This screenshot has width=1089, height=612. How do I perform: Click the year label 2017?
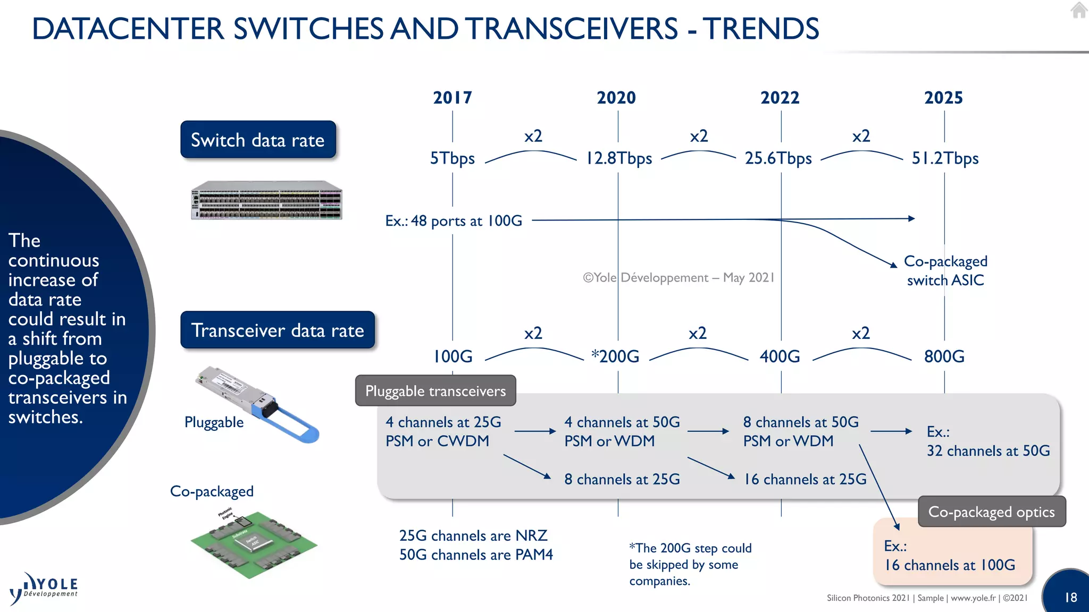point(452,98)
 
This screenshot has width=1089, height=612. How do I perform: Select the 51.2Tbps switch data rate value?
point(945,158)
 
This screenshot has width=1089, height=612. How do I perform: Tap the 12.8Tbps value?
point(618,158)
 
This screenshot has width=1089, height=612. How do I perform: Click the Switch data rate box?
point(258,140)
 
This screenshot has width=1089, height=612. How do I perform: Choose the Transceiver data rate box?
point(278,330)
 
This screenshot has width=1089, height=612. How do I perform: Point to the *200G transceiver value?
point(616,356)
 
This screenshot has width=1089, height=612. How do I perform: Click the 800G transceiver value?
point(944,356)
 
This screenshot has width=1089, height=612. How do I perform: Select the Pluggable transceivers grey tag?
point(435,391)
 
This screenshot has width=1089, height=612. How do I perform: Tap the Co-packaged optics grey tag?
point(991,512)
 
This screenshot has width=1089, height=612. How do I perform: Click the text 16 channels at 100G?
point(950,565)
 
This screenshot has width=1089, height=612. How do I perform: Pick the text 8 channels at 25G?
point(622,479)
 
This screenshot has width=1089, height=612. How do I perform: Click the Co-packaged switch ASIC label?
point(945,270)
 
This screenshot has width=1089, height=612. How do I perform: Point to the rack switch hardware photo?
point(266,200)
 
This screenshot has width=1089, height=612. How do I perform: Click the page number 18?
point(1070,597)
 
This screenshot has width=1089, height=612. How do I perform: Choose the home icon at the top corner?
point(1078,10)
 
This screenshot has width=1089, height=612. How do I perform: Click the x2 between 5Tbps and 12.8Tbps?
point(533,136)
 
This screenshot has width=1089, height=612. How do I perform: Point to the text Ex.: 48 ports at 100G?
point(454,220)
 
